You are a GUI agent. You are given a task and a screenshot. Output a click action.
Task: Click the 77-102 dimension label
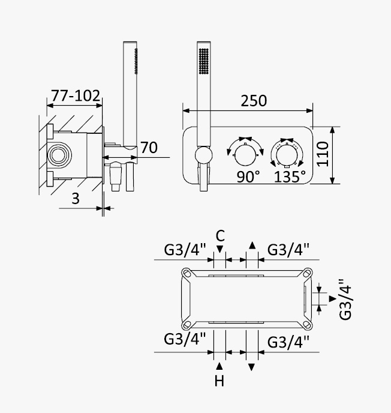click(76, 95)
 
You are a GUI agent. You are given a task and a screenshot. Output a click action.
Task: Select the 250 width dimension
click(254, 101)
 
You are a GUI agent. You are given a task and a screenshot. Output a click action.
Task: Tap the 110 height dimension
click(323, 154)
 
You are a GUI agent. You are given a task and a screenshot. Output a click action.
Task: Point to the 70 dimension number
click(149, 148)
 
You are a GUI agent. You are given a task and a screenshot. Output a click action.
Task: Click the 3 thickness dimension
click(76, 199)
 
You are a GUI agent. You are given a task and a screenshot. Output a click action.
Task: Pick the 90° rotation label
click(248, 176)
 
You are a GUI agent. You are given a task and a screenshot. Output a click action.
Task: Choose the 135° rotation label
click(290, 176)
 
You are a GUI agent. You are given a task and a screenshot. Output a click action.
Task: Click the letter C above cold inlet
click(220, 236)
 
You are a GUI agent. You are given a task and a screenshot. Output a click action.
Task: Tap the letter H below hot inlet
click(219, 381)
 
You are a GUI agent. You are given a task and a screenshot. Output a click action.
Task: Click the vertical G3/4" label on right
click(345, 299)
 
